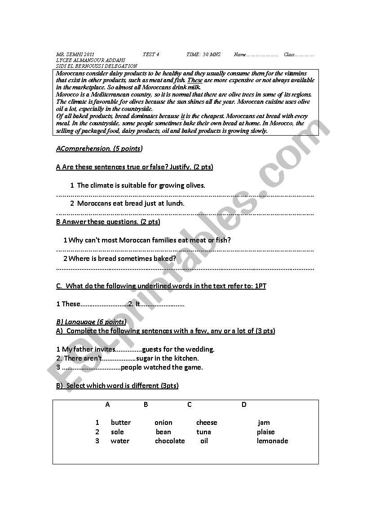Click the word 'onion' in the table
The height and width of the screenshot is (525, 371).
point(163,423)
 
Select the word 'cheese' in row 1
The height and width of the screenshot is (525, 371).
point(207,423)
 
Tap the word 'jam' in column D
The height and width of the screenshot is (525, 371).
point(264,423)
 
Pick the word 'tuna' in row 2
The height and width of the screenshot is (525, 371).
point(203,432)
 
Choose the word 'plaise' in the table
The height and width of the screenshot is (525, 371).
point(266,432)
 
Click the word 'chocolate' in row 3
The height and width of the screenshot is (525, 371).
point(170,441)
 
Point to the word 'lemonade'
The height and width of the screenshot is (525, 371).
point(272,441)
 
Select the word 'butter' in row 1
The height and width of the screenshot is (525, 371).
point(121,423)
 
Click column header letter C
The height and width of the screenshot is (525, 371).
point(190,405)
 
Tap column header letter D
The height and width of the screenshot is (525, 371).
point(244,405)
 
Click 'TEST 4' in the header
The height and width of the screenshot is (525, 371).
point(151,55)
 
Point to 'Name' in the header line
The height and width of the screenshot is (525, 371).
point(240,55)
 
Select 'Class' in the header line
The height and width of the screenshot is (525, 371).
point(289,55)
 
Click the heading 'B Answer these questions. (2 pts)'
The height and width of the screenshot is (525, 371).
point(108,222)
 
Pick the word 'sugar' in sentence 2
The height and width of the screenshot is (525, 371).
point(145,358)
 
